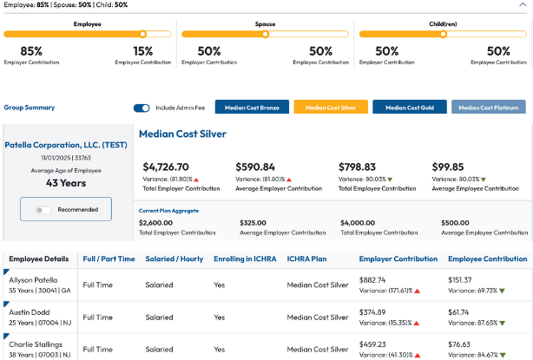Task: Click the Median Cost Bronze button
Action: pos(251,108)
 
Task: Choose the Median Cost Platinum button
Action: pos(490,108)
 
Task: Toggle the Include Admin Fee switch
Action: pos(141,108)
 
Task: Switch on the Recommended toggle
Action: pos(43,210)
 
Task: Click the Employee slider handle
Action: pos(139,35)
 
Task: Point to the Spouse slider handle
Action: pos(266,35)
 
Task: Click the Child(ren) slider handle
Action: pos(442,35)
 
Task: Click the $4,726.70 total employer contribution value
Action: pos(166,167)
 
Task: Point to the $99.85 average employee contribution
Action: pos(448,167)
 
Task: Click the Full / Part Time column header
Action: pos(109,259)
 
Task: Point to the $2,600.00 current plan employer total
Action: pos(161,222)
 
